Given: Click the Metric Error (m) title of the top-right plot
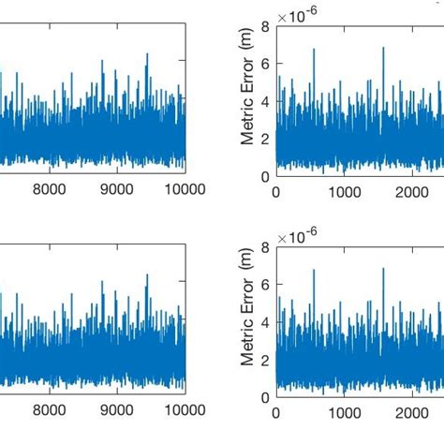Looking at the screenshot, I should click(248, 101).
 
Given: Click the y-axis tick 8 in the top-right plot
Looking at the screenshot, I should click(266, 27).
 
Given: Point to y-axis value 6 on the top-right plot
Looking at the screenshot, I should click(266, 64).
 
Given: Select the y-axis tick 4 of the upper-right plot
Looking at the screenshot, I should click(266, 101).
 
